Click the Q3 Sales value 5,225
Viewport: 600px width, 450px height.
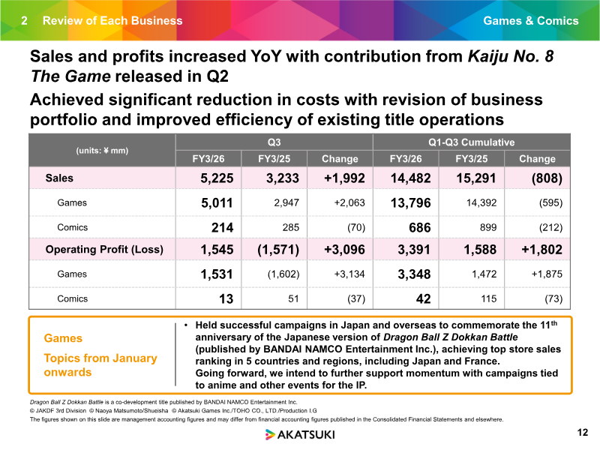coord(217,178)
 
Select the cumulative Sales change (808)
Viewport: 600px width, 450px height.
coord(547,178)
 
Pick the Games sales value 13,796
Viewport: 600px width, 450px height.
coord(410,202)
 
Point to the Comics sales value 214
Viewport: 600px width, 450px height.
coord(222,228)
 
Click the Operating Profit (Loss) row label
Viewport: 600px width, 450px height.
coord(104,250)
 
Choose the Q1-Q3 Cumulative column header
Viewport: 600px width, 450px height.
coord(472,142)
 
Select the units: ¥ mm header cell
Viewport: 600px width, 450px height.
coord(102,151)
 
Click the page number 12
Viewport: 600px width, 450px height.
coord(583,433)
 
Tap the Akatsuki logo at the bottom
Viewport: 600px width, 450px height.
coord(300,434)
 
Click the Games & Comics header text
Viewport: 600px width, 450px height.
coord(531,21)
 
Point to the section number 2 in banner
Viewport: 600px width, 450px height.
coord(24,21)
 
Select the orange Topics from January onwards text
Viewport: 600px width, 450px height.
coord(100,365)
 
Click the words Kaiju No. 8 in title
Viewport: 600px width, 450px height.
coord(511,56)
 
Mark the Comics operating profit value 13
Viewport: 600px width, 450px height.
coord(226,298)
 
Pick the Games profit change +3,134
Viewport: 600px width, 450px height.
coord(349,274)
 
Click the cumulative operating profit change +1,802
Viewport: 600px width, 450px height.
coord(541,250)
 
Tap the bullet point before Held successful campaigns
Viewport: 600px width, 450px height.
coord(186,325)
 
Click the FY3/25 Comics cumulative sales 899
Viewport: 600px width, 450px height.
coord(488,228)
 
